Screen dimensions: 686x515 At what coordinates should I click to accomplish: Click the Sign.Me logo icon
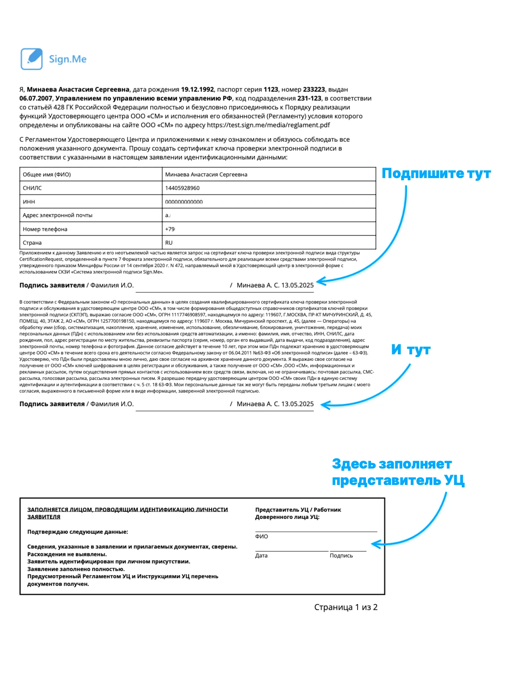pos(32,59)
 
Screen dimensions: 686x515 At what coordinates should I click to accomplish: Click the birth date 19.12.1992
pos(197,90)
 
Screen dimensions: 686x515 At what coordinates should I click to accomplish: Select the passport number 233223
pos(314,90)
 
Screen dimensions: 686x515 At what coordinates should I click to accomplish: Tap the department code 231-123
pos(309,98)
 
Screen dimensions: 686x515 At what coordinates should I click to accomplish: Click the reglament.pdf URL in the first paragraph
pos(268,125)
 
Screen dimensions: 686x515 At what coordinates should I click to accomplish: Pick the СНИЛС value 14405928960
pos(182,188)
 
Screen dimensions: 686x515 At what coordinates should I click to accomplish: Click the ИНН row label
pos(29,202)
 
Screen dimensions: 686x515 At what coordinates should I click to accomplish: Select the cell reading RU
pos(169,243)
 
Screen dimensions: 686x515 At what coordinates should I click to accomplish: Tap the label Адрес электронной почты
pos(57,215)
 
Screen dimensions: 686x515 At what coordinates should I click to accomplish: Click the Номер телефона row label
pos(45,229)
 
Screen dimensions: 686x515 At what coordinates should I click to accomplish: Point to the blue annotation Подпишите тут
pos(436,174)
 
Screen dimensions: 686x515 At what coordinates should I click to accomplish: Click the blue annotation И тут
pos(411,350)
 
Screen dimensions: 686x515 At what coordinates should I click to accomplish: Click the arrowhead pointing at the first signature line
pos(319,282)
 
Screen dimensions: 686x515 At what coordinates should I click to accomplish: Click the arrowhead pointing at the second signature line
pos(324,405)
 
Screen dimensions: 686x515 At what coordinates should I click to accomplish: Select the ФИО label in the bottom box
pos(261,536)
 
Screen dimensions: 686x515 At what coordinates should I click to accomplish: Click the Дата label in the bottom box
pos(261,556)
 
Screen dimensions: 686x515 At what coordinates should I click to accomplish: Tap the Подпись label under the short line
pos(341,556)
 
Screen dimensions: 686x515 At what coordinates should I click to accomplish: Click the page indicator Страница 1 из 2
pos(346,607)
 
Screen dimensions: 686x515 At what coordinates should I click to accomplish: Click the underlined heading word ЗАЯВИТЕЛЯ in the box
pos(44,517)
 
